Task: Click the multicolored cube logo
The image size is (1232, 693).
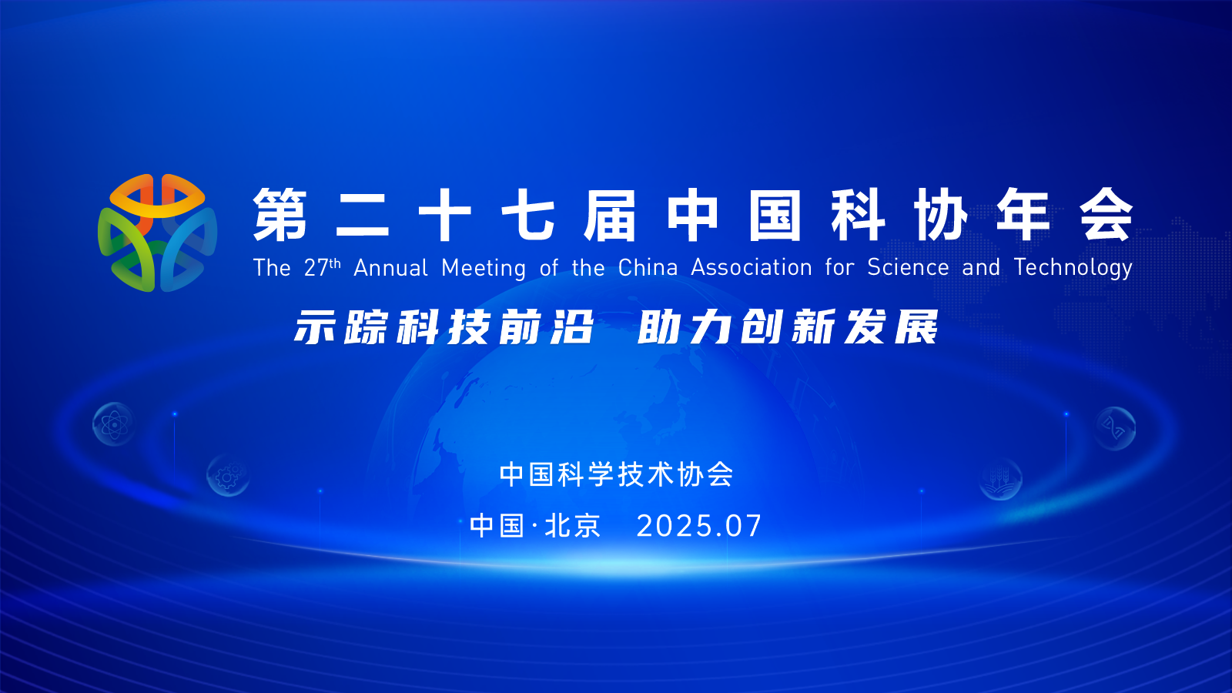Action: click(x=157, y=233)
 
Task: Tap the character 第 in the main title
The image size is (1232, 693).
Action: click(x=280, y=215)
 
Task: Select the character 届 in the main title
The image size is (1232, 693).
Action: click(x=610, y=215)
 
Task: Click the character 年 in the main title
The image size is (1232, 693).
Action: click(x=1023, y=215)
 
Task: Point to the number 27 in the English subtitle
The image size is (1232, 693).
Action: click(x=316, y=268)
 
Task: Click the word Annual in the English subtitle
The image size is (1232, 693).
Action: click(x=390, y=268)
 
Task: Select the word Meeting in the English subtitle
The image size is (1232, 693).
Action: click(x=484, y=269)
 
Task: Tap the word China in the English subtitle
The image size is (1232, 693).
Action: click(x=648, y=267)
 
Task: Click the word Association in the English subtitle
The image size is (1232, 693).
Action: click(x=752, y=267)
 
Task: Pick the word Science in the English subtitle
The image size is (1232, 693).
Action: click(x=908, y=267)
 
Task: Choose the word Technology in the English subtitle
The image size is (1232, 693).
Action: click(x=1073, y=269)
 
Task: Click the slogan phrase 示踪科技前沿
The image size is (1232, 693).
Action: click(x=444, y=327)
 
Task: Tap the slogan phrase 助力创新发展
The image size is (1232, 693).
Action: click(x=788, y=327)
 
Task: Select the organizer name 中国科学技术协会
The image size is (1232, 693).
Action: click(x=616, y=474)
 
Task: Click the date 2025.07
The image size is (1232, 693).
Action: click(x=699, y=526)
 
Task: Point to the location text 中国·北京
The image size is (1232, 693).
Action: click(x=535, y=526)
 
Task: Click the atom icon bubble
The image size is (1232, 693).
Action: click(x=114, y=424)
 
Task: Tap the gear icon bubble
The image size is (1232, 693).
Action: click(x=228, y=476)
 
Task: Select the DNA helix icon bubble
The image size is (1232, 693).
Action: click(x=1114, y=428)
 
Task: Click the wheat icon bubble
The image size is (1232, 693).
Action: click(x=1000, y=478)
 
